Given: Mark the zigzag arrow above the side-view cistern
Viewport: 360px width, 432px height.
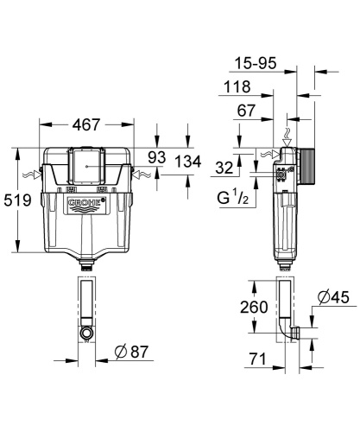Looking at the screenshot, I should (x=287, y=137).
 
